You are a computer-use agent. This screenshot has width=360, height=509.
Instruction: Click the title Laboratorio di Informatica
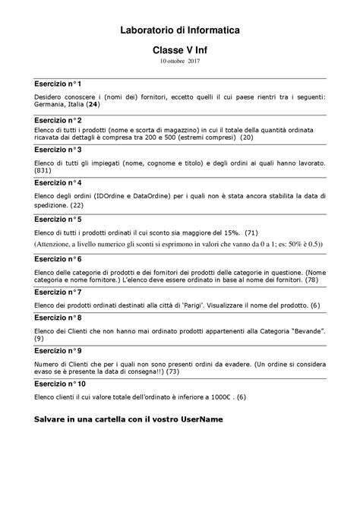point(180,30)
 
